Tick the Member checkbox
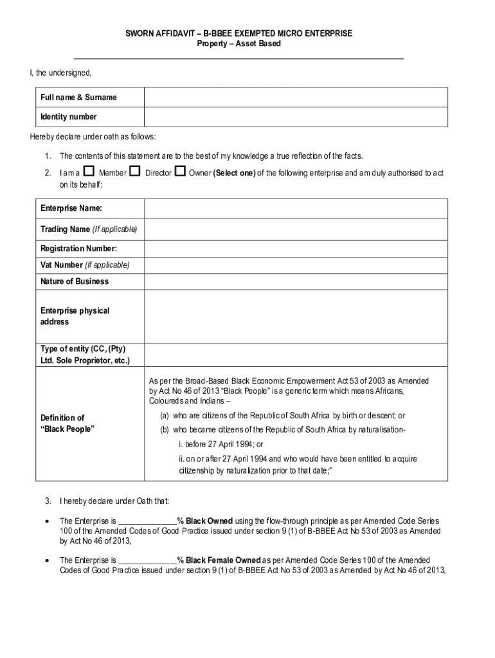[x=89, y=172]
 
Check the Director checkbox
[x=135, y=172]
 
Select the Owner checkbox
[x=180, y=172]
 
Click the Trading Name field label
[x=89, y=229]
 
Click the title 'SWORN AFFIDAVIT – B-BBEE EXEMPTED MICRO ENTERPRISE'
[x=239, y=33]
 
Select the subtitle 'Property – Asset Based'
[x=239, y=44]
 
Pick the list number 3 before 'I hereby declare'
[x=48, y=501]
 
